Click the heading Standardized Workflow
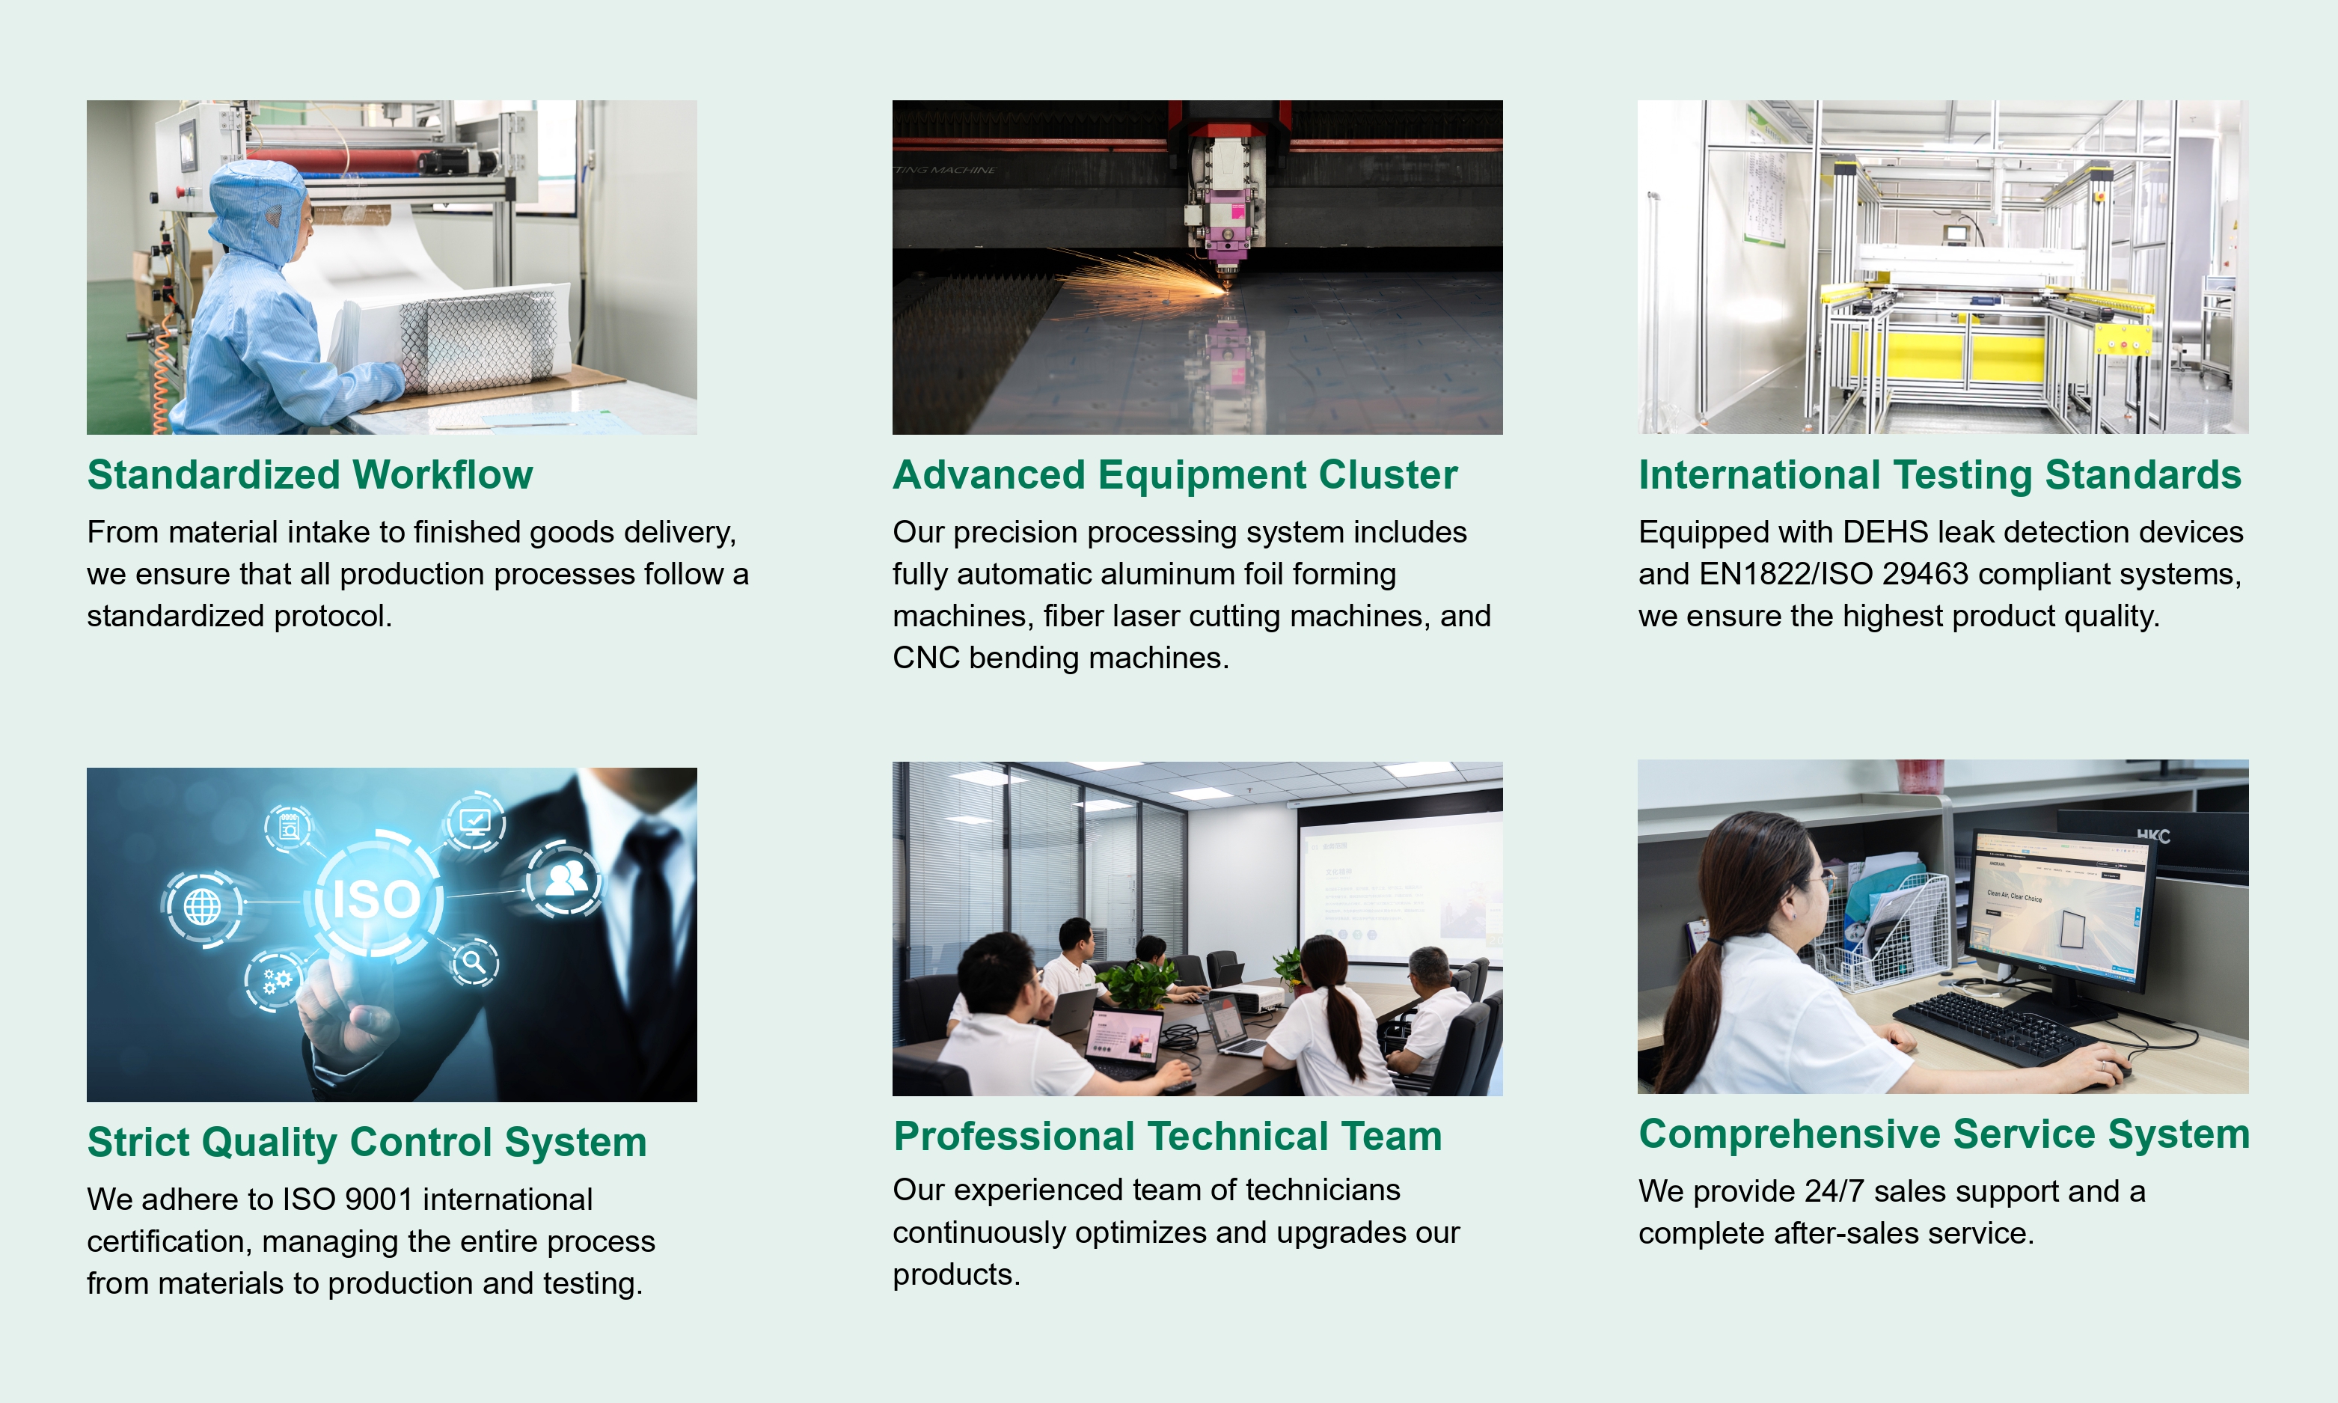click(x=310, y=474)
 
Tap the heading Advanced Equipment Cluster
click(x=1175, y=474)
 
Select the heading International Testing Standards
click(x=1940, y=474)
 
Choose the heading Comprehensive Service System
click(x=1944, y=1134)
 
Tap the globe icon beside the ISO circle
click(x=202, y=907)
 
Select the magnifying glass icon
click(x=474, y=962)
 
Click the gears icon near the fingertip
click(x=275, y=980)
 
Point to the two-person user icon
click(x=564, y=879)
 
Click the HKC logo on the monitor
click(x=2152, y=836)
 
